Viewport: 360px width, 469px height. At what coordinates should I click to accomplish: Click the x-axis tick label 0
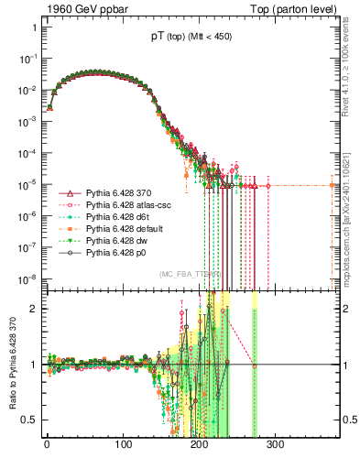[46, 443]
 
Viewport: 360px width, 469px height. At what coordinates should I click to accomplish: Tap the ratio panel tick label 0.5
[27, 420]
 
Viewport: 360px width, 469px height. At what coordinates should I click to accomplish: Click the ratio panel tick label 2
[32, 309]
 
